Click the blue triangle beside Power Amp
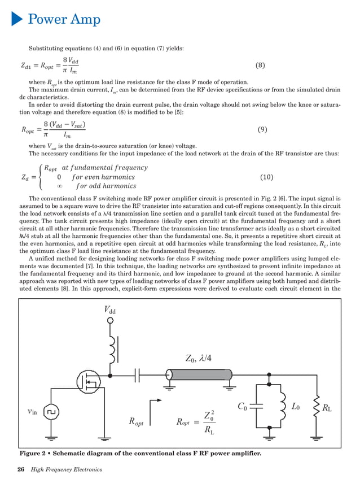16,19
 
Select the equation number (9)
262,129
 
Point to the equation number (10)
267,177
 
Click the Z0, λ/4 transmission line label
199,357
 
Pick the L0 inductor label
296,405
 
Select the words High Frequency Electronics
67,469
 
